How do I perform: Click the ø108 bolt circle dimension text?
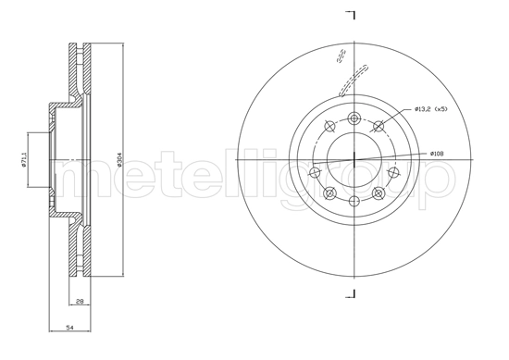point(439,153)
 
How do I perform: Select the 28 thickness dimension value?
point(81,302)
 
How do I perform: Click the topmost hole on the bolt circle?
point(354,118)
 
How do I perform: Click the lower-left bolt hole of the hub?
point(329,193)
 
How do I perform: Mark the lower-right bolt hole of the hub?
point(379,193)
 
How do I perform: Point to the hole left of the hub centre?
point(315,172)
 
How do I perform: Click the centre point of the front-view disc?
point(354,160)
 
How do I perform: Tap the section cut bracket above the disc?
point(352,16)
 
